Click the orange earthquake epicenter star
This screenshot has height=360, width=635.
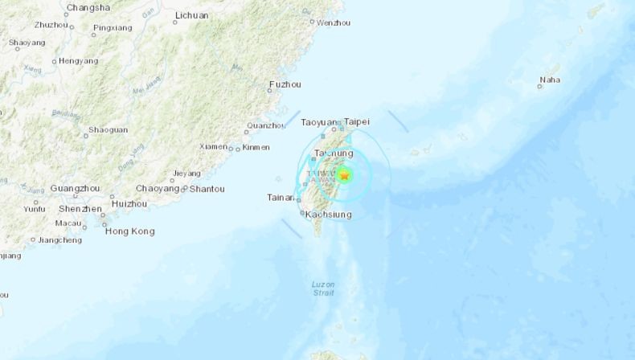(345, 174)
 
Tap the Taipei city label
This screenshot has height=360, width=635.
(356, 122)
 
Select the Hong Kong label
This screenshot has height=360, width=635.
(129, 231)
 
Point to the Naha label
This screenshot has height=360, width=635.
(551, 80)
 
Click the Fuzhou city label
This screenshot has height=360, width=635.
(285, 84)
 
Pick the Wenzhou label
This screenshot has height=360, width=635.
(334, 22)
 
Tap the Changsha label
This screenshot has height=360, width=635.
(88, 7)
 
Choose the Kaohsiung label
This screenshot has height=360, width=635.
(328, 215)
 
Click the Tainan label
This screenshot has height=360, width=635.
(281, 197)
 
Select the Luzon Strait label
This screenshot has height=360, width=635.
(323, 288)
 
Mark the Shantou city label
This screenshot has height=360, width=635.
(207, 189)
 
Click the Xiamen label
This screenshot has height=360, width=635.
(213, 146)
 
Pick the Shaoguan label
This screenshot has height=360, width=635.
(108, 129)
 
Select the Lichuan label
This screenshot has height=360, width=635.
(191, 15)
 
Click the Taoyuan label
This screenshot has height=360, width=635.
(316, 122)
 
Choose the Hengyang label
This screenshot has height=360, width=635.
(79, 60)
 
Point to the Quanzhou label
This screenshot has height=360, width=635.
(266, 125)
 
